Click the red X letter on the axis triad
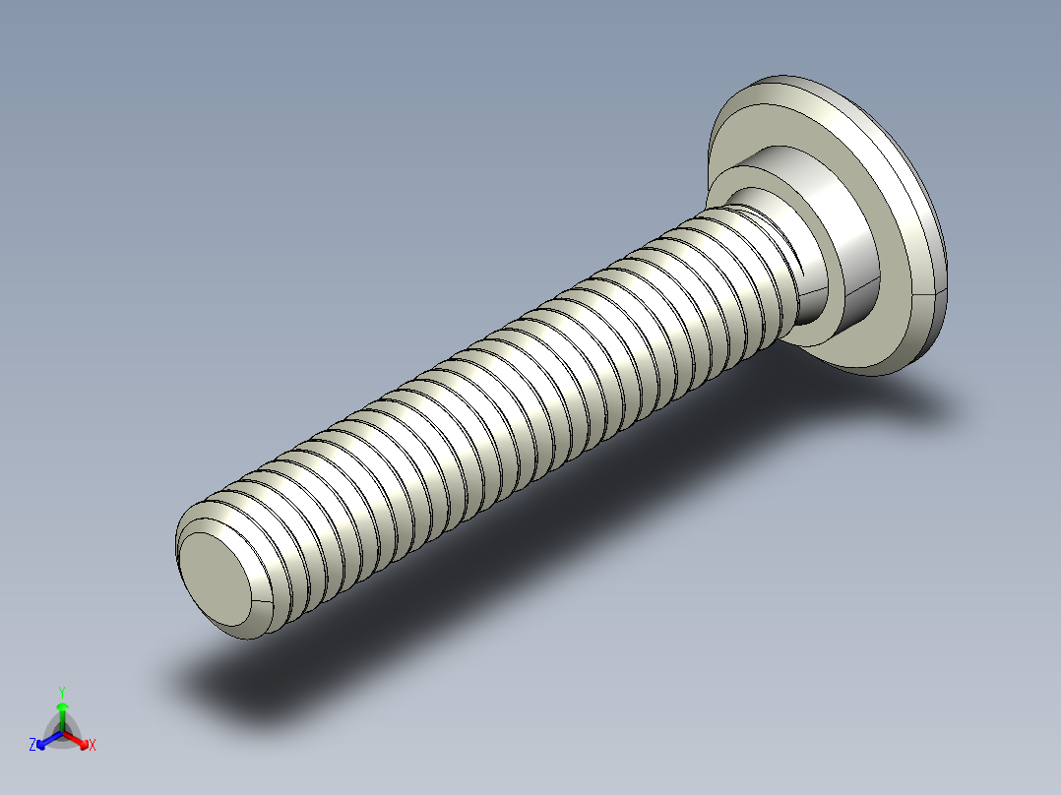(x=93, y=745)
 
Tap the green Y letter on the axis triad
(x=62, y=691)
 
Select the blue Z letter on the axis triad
(x=32, y=746)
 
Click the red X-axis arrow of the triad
(x=79, y=739)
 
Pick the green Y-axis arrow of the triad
(x=62, y=712)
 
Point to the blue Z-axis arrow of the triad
(x=45, y=740)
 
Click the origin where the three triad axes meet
(x=62, y=730)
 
